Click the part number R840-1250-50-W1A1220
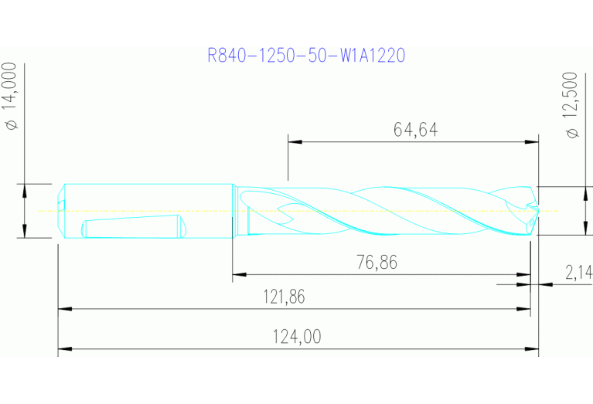point(307,55)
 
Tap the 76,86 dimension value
point(377,263)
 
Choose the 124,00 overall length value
point(296,337)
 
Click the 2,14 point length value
point(578,272)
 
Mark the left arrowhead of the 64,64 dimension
point(294,141)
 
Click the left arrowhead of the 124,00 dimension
point(64,349)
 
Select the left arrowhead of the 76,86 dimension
point(239,273)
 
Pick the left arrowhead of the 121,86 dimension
point(64,309)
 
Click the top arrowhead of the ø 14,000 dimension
point(24,188)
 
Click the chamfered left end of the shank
point(62,211)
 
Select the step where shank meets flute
point(234,211)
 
